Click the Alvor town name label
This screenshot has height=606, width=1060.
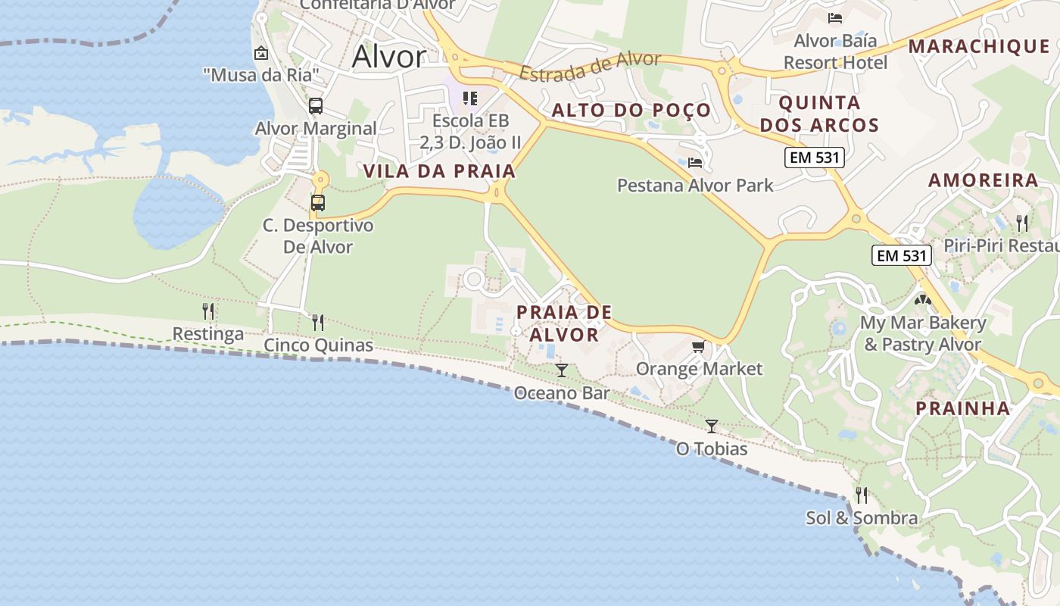click(389, 56)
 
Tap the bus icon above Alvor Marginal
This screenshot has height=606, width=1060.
click(316, 106)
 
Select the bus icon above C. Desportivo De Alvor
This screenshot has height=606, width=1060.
click(318, 203)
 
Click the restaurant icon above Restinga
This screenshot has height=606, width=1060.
click(208, 311)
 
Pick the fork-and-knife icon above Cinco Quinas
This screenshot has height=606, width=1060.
click(318, 323)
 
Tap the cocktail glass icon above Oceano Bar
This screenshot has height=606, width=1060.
click(561, 370)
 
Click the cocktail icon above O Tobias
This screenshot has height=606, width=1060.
click(711, 426)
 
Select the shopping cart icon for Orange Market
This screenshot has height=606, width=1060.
click(698, 346)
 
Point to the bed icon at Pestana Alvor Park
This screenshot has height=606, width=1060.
click(695, 162)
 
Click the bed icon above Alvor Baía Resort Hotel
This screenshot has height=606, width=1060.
click(835, 17)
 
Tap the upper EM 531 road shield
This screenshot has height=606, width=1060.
click(814, 158)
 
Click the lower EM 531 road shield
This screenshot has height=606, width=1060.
click(901, 255)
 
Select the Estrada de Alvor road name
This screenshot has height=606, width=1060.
click(591, 67)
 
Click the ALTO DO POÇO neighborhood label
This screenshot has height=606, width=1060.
click(631, 111)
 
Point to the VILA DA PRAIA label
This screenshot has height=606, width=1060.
click(439, 171)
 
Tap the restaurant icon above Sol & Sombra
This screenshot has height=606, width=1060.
click(862, 495)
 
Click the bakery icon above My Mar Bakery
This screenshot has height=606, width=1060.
click(922, 300)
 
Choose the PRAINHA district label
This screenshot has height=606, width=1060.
click(962, 408)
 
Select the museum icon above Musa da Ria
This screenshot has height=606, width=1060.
click(261, 53)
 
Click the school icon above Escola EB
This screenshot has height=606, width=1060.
click(470, 98)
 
